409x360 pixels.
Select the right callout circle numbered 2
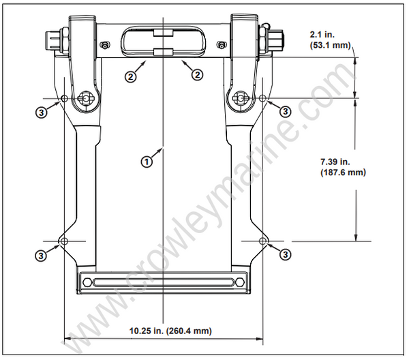(197, 76)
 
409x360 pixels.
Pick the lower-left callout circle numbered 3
(43, 254)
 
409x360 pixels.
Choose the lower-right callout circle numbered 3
(285, 254)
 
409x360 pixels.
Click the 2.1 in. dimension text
(323, 33)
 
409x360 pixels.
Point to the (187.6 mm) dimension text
(342, 172)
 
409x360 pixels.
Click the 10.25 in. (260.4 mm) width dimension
(170, 331)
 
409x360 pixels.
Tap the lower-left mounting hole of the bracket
(64, 241)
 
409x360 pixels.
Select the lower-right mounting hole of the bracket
(263, 241)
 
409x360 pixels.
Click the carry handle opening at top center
(163, 42)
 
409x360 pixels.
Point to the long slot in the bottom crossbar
(162, 281)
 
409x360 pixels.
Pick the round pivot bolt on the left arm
(86, 100)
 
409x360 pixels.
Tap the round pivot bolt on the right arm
(240, 100)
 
